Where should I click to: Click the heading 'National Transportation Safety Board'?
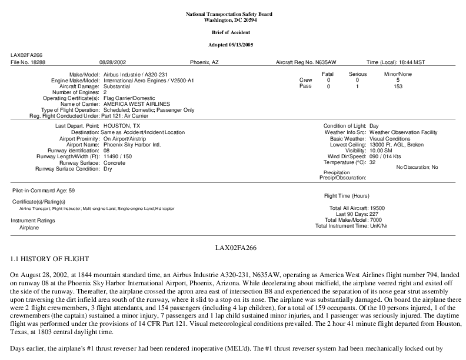tap(233, 14)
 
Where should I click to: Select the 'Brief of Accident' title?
tap(233, 32)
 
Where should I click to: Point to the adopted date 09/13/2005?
tap(243, 45)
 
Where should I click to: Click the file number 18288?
tap(36, 61)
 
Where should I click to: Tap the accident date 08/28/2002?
tap(114, 61)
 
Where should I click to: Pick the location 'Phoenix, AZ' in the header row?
tap(204, 61)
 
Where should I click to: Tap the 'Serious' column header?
tap(357, 74)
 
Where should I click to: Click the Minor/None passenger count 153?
tap(398, 86)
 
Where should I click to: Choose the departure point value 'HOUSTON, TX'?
tap(122, 126)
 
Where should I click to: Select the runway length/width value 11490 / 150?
tap(118, 156)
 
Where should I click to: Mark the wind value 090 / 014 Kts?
tap(389, 156)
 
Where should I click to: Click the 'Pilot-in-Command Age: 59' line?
tap(43, 191)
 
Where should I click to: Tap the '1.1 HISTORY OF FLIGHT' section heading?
tap(49, 259)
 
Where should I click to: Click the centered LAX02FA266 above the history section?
tap(233, 248)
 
